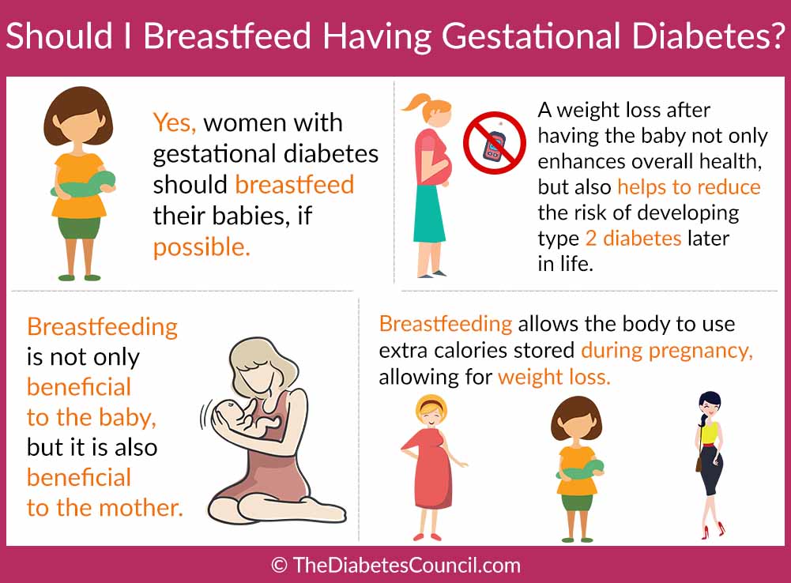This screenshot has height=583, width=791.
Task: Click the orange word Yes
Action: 175,123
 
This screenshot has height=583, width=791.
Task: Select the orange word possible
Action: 202,248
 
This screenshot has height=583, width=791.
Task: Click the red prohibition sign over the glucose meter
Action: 495,143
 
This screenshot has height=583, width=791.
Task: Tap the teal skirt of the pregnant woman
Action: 429,214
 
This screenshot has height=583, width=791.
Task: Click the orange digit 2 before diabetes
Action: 591,238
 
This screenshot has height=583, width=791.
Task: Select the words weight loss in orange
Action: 554,377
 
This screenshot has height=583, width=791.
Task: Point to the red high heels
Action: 713,530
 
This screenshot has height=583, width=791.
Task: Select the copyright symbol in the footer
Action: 279,566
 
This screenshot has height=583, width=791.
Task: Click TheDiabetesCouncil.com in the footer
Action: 406,566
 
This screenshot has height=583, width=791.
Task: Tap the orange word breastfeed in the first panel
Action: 295,185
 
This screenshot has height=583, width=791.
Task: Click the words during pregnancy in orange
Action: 667,351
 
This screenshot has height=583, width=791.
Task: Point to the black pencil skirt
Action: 711,470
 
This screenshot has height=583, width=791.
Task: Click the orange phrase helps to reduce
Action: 689,187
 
